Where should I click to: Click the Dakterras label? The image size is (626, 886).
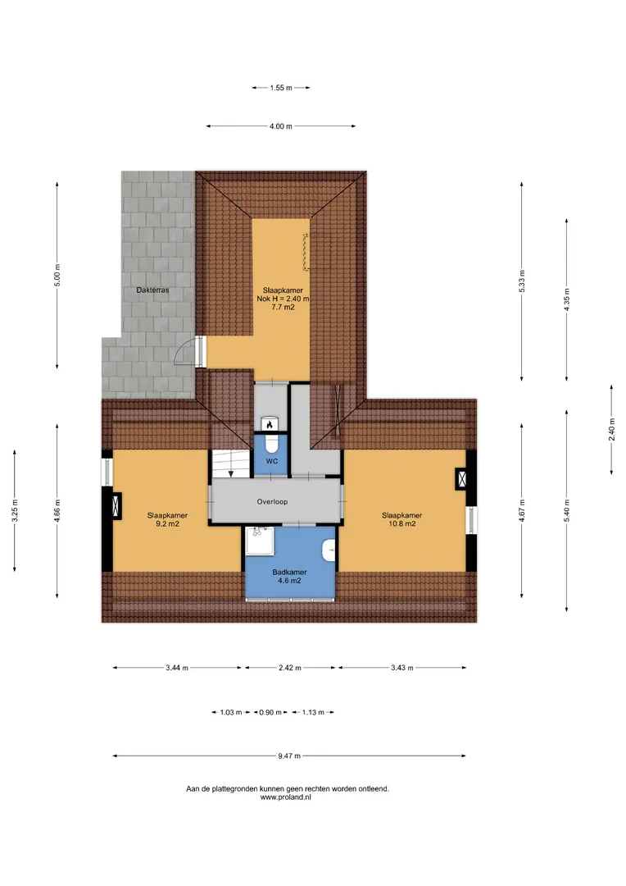(152, 290)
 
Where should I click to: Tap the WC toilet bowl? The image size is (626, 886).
(271, 445)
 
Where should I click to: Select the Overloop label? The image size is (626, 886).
(272, 501)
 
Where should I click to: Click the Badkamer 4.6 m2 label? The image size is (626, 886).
(289, 577)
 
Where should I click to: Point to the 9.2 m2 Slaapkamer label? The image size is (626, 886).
(168, 519)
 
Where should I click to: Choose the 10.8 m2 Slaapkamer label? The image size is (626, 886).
(402, 519)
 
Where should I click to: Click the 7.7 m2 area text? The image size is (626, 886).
(283, 308)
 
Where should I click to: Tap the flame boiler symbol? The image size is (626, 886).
(270, 424)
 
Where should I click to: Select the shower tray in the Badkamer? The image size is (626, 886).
(261, 541)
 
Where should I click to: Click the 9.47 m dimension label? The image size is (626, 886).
(289, 756)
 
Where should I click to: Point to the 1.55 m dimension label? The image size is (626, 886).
(280, 88)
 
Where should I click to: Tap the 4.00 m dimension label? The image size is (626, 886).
(280, 126)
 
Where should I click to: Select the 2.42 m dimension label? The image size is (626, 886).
(289, 667)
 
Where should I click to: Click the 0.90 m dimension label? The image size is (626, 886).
(270, 712)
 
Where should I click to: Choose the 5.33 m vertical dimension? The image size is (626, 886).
(522, 281)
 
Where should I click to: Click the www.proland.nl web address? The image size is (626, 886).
(286, 797)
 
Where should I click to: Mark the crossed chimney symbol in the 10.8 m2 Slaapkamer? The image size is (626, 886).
(462, 479)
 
